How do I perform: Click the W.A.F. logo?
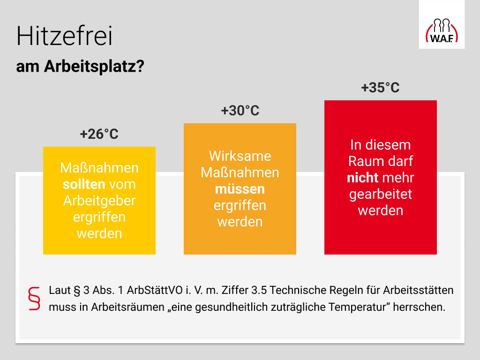(442, 30)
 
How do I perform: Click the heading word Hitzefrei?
(65, 36)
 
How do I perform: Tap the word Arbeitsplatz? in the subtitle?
(94, 66)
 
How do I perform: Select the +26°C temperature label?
(99, 134)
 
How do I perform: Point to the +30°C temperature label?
(240, 111)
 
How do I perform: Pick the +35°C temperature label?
(381, 88)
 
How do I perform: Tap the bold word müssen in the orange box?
(240, 189)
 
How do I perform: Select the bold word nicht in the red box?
(363, 178)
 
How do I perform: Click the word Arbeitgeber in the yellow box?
(99, 201)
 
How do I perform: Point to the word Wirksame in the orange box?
(240, 156)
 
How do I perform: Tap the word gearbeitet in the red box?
(381, 195)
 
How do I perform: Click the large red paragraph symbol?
(34, 299)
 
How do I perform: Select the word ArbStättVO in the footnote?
(155, 290)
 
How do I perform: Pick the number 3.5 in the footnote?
(259, 290)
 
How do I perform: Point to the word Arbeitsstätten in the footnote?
(418, 290)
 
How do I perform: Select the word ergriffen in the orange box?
(240, 206)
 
